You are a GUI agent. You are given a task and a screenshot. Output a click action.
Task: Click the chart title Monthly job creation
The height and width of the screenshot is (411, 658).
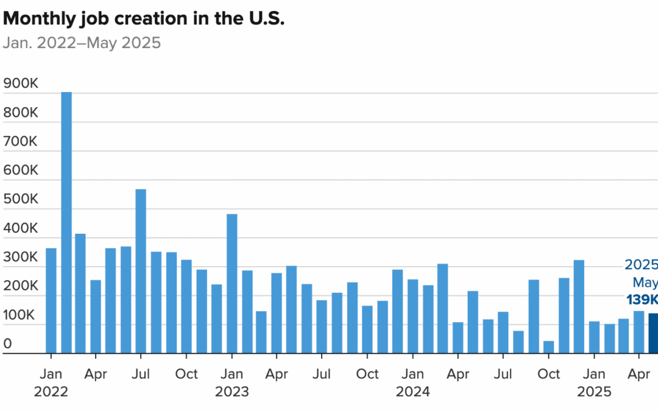coord(144,18)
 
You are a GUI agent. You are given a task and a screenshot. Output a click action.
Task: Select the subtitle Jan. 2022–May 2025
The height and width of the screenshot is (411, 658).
coord(82,43)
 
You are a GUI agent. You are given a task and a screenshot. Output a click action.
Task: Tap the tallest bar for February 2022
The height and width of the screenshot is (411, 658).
coord(66,222)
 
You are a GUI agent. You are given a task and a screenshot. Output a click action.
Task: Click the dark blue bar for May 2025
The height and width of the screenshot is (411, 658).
coord(653,333)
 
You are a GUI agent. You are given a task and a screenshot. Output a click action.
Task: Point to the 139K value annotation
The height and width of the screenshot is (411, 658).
coord(642,300)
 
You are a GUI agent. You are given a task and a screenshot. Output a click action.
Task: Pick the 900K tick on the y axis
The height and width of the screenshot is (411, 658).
coord(21,84)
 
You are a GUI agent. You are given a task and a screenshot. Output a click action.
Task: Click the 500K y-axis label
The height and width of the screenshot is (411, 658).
coord(21,200)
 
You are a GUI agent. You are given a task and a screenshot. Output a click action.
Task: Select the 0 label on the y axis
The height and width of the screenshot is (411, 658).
coord(8,343)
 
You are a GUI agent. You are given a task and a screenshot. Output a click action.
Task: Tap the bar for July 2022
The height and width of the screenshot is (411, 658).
coord(141,271)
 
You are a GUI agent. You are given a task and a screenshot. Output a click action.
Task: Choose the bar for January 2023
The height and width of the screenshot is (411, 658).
coord(232,283)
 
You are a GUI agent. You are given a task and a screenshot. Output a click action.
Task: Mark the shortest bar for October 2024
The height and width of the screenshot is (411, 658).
coord(548,346)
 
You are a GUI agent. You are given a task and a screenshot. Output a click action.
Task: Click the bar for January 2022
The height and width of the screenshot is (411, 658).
coord(51,300)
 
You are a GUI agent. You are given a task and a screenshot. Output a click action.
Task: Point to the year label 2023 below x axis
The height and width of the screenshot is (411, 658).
coord(232,392)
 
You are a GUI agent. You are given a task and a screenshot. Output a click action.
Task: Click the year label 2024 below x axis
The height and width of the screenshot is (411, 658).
coord(412,392)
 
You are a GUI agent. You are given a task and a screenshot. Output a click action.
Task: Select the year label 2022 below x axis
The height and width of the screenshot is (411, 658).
coord(51,392)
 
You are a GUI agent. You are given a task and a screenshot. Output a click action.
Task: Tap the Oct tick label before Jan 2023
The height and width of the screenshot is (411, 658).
coord(186,373)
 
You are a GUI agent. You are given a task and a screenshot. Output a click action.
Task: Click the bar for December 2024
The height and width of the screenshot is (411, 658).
coord(579,306)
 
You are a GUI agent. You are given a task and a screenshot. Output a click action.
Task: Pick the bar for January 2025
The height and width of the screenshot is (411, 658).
coord(593,337)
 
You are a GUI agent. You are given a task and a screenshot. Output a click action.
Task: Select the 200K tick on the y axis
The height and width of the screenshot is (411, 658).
coord(21,286)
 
